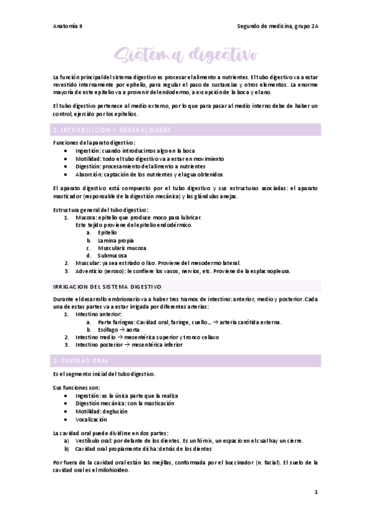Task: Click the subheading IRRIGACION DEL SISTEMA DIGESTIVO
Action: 107,287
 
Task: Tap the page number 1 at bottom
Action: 316,493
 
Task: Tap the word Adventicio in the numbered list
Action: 89,271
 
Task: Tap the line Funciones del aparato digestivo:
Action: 94,142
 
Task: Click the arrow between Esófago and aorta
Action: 123,330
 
